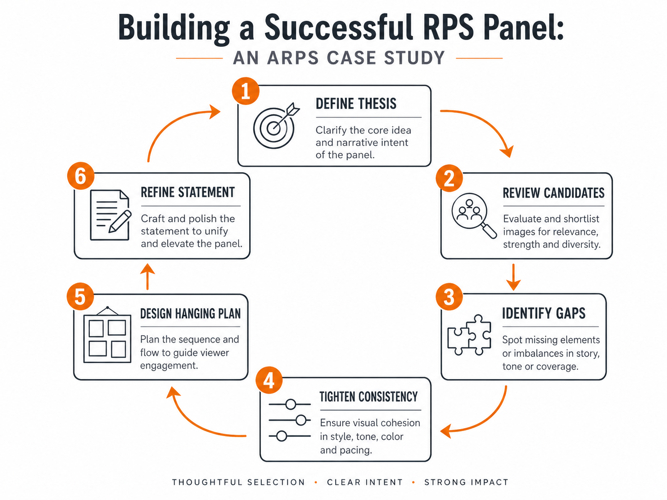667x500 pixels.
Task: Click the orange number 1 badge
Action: [x=246, y=91]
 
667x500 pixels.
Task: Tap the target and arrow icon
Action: [x=275, y=126]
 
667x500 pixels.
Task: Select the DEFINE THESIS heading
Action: [x=356, y=104]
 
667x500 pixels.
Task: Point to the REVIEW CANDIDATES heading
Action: [x=553, y=193]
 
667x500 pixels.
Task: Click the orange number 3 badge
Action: [x=449, y=297]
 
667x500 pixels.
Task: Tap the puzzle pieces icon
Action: [x=469, y=336]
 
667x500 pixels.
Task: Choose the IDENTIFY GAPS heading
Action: [x=544, y=314]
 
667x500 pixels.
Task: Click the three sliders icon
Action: [x=290, y=420]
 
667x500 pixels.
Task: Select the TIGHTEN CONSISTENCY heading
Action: [x=369, y=397]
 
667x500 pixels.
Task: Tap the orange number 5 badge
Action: [x=80, y=297]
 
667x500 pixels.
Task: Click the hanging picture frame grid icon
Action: [x=107, y=336]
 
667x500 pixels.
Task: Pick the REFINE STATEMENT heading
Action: [x=187, y=192]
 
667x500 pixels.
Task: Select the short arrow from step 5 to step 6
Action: [x=147, y=276]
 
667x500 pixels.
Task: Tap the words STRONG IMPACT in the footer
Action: [x=466, y=482]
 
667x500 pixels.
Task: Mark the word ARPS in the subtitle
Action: [x=293, y=58]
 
